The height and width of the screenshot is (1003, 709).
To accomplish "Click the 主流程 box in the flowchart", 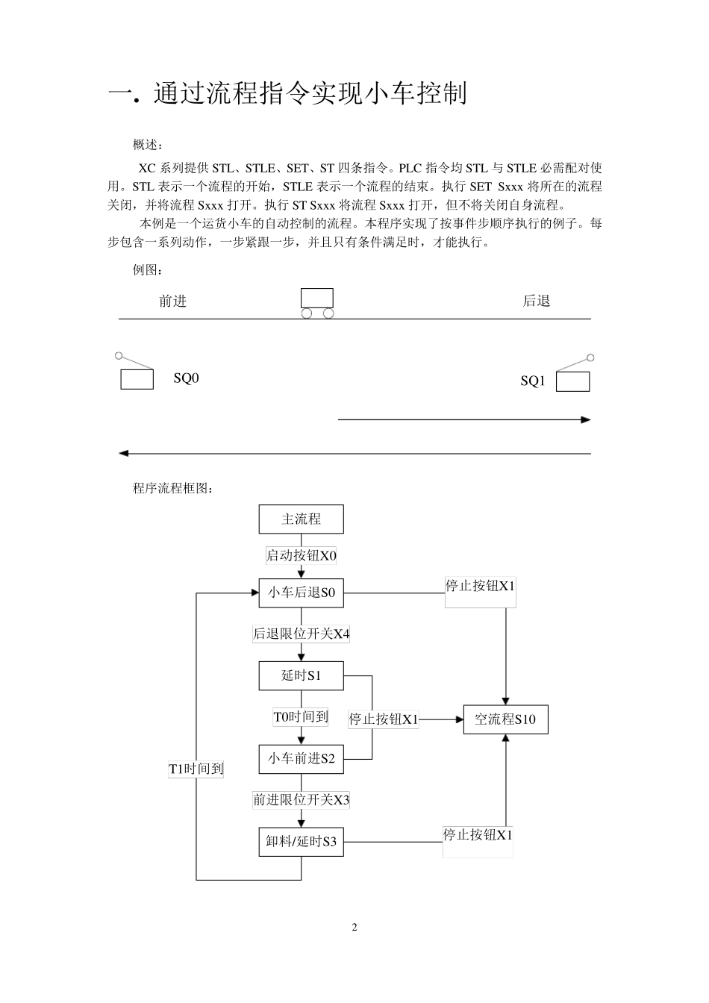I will click(301, 519).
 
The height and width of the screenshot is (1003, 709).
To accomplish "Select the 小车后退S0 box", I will click(301, 593).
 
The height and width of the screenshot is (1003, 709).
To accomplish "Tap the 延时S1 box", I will click(301, 675).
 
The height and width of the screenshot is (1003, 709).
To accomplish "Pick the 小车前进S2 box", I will click(301, 759).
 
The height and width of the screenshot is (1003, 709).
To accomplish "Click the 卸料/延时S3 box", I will click(301, 842).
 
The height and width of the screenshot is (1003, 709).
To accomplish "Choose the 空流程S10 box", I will click(505, 719).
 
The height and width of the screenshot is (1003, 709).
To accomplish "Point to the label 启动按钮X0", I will click(302, 555).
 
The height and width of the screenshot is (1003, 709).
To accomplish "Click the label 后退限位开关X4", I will click(301, 634).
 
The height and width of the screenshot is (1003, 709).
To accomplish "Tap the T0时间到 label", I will click(301, 717).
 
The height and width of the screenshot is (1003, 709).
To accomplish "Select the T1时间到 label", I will click(196, 769).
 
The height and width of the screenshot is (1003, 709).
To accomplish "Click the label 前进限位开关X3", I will click(301, 800).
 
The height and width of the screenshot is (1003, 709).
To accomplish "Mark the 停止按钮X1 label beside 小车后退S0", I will click(480, 587).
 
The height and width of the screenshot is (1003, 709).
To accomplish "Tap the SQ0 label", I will click(187, 378).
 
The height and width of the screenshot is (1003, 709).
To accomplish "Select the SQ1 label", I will click(533, 381).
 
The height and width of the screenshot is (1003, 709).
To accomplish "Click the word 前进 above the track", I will click(173, 301).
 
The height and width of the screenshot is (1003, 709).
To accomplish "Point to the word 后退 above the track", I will click(536, 301).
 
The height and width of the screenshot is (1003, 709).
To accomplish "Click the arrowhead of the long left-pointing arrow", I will click(124, 453).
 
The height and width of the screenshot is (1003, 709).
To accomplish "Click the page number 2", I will click(354, 928).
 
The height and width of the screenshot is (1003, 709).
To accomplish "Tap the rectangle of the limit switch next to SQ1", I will click(572, 381).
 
